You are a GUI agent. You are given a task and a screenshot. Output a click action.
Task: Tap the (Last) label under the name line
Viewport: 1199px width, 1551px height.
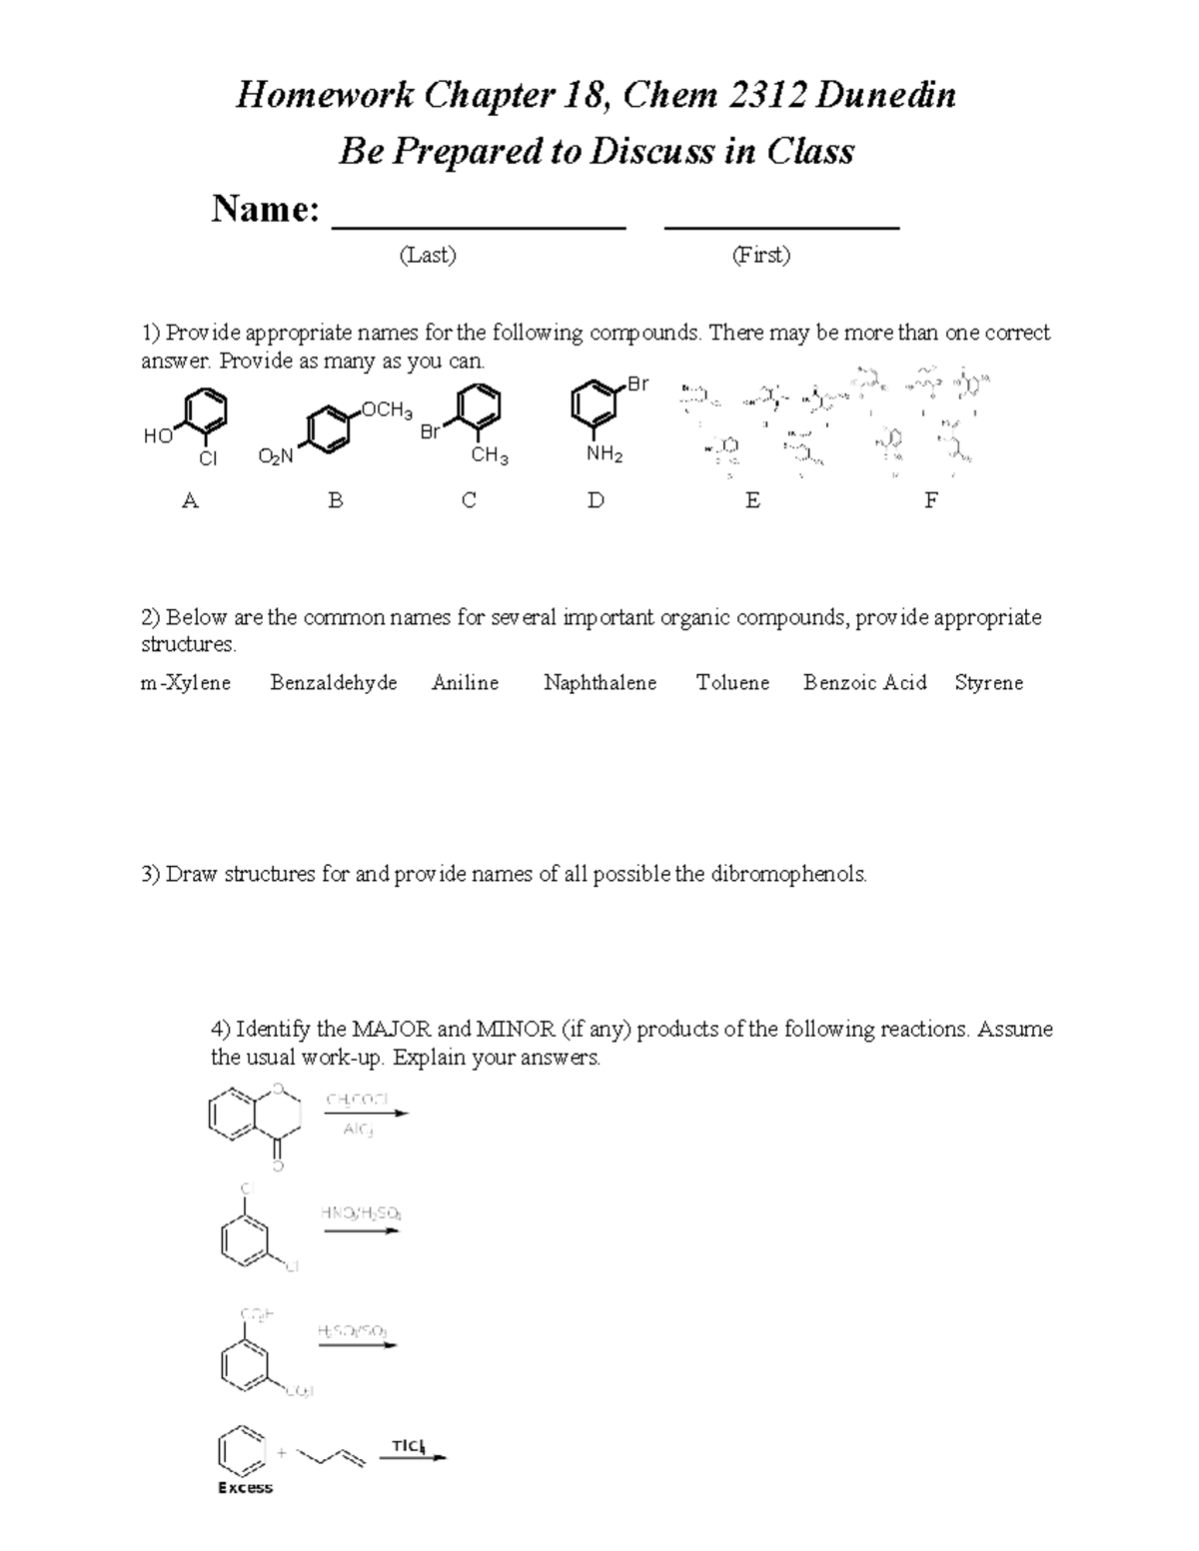428,256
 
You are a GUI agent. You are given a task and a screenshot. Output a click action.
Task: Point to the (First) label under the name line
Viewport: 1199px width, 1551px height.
760,256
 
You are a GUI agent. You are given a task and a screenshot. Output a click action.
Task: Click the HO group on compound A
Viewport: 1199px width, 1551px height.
157,435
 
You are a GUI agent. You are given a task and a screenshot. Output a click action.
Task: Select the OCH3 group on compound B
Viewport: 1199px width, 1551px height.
386,409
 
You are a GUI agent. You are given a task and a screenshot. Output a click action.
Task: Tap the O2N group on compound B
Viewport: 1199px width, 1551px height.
275,456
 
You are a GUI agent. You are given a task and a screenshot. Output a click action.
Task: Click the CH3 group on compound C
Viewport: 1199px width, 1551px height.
490,456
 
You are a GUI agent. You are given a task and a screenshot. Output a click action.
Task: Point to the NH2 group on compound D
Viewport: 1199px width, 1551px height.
604,455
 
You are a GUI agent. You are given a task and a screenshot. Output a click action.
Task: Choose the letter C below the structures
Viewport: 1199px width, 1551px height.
469,500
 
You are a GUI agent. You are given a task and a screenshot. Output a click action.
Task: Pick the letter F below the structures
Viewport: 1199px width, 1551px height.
930,500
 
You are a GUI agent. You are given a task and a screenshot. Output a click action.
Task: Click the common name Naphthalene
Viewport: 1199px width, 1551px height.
599,683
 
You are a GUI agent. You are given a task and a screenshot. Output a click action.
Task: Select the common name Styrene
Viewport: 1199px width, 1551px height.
988,683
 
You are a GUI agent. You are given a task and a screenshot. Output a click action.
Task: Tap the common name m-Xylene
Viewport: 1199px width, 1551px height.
186,683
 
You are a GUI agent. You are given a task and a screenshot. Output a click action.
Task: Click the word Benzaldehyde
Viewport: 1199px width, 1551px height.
334,683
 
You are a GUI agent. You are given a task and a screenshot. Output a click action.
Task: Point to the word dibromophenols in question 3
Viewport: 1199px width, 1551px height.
788,875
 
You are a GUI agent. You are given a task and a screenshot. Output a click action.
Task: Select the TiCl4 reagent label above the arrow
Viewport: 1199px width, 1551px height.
408,1446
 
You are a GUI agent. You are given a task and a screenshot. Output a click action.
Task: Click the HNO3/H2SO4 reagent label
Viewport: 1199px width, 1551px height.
361,1213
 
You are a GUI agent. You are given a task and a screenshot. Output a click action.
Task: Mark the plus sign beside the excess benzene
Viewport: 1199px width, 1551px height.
282,1452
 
